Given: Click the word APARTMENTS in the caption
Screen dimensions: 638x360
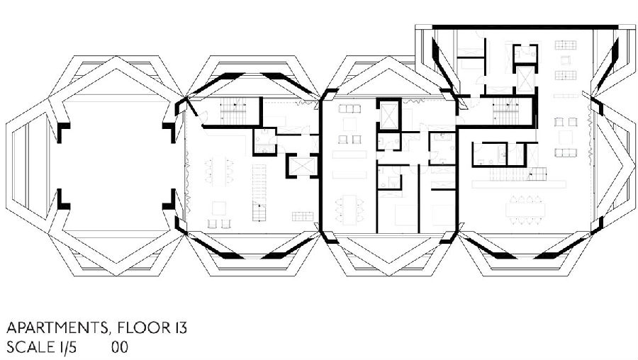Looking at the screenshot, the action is click(57, 328).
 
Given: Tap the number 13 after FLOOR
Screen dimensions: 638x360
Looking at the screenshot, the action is click(179, 328).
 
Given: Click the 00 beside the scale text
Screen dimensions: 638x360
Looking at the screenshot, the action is click(120, 347).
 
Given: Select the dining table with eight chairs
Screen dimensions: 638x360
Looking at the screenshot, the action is click(526, 210).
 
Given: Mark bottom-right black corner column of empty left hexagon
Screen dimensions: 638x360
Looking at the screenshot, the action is click(169, 200).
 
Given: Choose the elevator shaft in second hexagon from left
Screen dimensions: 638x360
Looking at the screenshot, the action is click(301, 167).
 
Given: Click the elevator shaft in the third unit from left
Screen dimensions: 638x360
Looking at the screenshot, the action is click(389, 115).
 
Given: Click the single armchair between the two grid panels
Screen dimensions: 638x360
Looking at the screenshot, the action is click(566, 60).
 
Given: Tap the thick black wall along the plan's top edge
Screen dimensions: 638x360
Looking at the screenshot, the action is click(525, 27).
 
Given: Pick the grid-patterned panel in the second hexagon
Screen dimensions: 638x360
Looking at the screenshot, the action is click(303, 216).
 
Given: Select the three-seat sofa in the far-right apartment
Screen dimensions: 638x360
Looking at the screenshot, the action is click(566, 152).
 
